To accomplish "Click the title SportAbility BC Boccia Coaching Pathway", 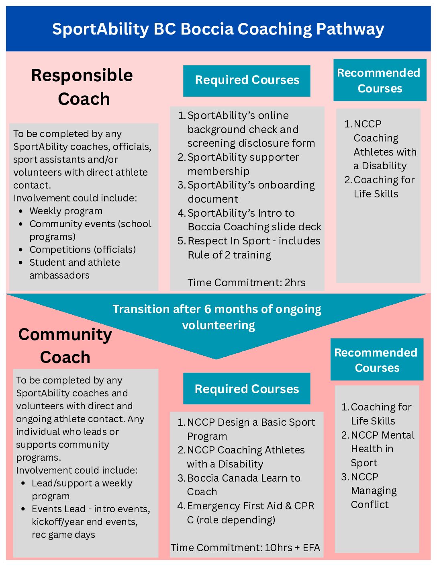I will coord(218,29).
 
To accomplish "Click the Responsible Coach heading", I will coord(82,87).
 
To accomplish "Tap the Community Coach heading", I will coord(65,346).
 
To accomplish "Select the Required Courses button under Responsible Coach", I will coord(247,80).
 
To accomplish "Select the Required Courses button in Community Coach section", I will coord(247,389).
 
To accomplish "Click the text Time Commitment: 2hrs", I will coord(246,283).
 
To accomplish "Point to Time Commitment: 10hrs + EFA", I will coord(245,548).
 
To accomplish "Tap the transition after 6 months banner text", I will coord(217,317).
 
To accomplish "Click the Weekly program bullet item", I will coord(66,211).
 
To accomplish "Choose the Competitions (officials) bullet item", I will coord(82,250).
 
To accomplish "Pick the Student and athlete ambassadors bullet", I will coord(74,269).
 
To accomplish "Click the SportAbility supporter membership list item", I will coord(243,164).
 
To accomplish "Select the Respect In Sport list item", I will coord(253,248).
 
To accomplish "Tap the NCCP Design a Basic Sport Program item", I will coord(251,429).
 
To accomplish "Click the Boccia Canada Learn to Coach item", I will coord(243,485).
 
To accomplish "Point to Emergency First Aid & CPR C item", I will coord(250,513).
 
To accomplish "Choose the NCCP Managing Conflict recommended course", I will coord(373,490).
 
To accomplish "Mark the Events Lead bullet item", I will coord(91,521).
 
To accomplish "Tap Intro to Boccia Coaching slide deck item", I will coord(254,220).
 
